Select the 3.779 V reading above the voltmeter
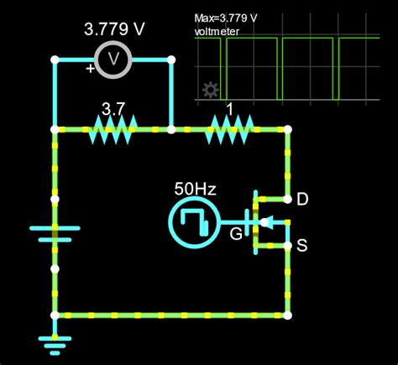point(114,29)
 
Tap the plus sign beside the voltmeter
point(89,69)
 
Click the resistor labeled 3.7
point(113,129)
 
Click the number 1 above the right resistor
point(229,107)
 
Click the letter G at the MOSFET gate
point(237,232)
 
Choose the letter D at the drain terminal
point(302,200)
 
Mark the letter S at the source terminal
point(302,247)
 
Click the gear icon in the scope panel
point(210,91)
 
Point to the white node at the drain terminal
point(288,200)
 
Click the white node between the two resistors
point(171,129)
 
